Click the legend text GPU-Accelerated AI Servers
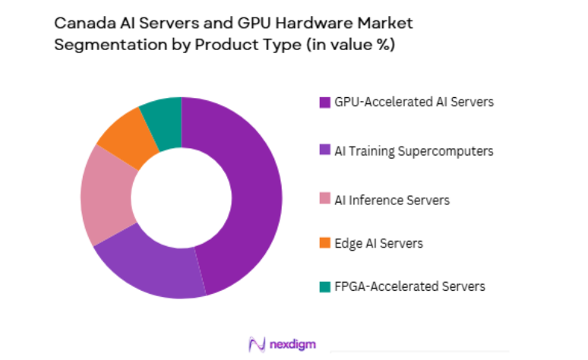tap(414, 102)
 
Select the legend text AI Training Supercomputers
tap(414, 150)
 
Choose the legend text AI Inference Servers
tap(392, 200)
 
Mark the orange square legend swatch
tap(324, 244)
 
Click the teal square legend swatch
tap(324, 287)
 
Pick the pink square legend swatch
tap(324, 201)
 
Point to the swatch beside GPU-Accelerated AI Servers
tap(324, 103)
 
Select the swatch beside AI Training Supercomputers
tap(324, 151)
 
